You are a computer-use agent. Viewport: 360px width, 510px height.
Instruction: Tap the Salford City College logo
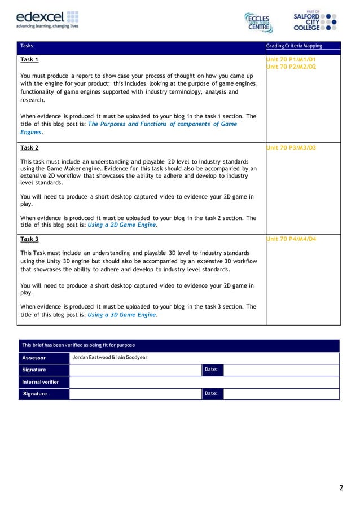click(x=315, y=20)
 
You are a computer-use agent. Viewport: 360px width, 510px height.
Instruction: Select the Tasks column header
click(x=27, y=46)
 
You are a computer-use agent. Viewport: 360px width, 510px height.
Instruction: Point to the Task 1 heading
click(x=29, y=59)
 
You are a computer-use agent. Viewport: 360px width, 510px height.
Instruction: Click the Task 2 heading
click(x=29, y=148)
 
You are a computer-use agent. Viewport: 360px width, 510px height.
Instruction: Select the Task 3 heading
click(x=29, y=239)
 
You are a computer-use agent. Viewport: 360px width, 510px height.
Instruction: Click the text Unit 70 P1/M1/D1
click(x=291, y=59)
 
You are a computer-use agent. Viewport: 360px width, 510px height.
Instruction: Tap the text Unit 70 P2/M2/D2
click(x=291, y=67)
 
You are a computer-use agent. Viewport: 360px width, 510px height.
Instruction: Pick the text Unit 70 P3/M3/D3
click(x=291, y=148)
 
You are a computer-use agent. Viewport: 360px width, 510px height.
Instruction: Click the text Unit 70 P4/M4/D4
click(x=291, y=239)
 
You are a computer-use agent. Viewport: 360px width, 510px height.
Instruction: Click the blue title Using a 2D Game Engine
click(x=122, y=225)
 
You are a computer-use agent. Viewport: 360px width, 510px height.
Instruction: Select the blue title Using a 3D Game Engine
click(x=122, y=315)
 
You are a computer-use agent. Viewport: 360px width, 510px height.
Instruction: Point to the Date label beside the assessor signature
click(x=212, y=370)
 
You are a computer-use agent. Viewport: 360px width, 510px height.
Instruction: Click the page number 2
click(x=341, y=488)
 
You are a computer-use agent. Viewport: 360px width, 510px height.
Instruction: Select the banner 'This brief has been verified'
click(x=78, y=345)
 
